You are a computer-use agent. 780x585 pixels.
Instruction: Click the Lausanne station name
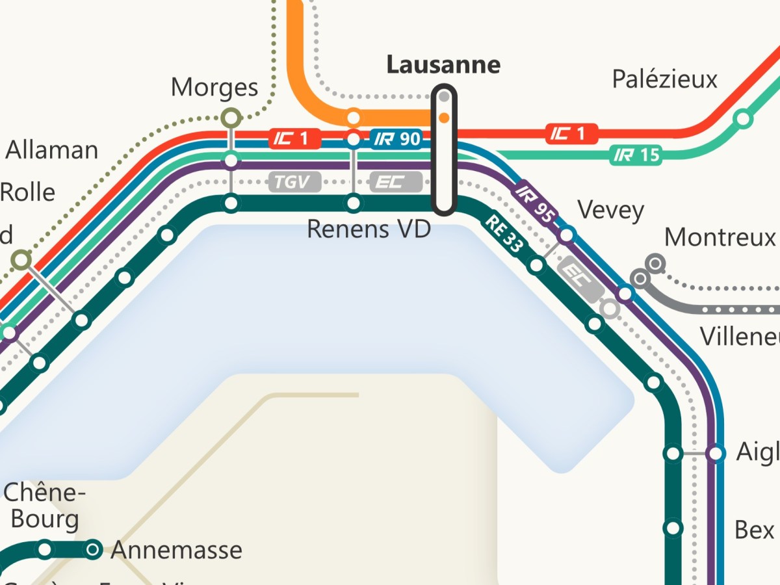(x=443, y=65)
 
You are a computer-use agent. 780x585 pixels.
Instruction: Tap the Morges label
(x=214, y=87)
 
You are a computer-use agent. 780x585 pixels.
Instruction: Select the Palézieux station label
(x=664, y=79)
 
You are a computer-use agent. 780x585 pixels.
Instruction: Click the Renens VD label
(x=369, y=229)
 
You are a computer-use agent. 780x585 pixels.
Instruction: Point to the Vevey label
(x=610, y=211)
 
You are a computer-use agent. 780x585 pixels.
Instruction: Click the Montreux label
(x=720, y=237)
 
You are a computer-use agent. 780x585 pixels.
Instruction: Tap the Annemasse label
(x=176, y=551)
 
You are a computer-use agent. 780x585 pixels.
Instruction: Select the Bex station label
(x=754, y=530)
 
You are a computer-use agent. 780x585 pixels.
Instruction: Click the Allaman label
(x=52, y=150)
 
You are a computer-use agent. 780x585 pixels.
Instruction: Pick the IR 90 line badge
(x=397, y=139)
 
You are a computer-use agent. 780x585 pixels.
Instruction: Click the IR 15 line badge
(x=635, y=155)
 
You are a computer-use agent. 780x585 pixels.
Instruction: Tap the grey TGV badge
(x=294, y=182)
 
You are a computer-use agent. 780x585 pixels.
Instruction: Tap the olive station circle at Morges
(x=231, y=118)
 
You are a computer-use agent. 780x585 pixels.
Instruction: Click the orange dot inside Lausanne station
(x=444, y=118)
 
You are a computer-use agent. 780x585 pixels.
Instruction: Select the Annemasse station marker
(x=94, y=549)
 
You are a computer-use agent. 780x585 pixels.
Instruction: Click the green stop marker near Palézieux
(x=743, y=119)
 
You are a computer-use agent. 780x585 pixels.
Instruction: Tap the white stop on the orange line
(x=353, y=118)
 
